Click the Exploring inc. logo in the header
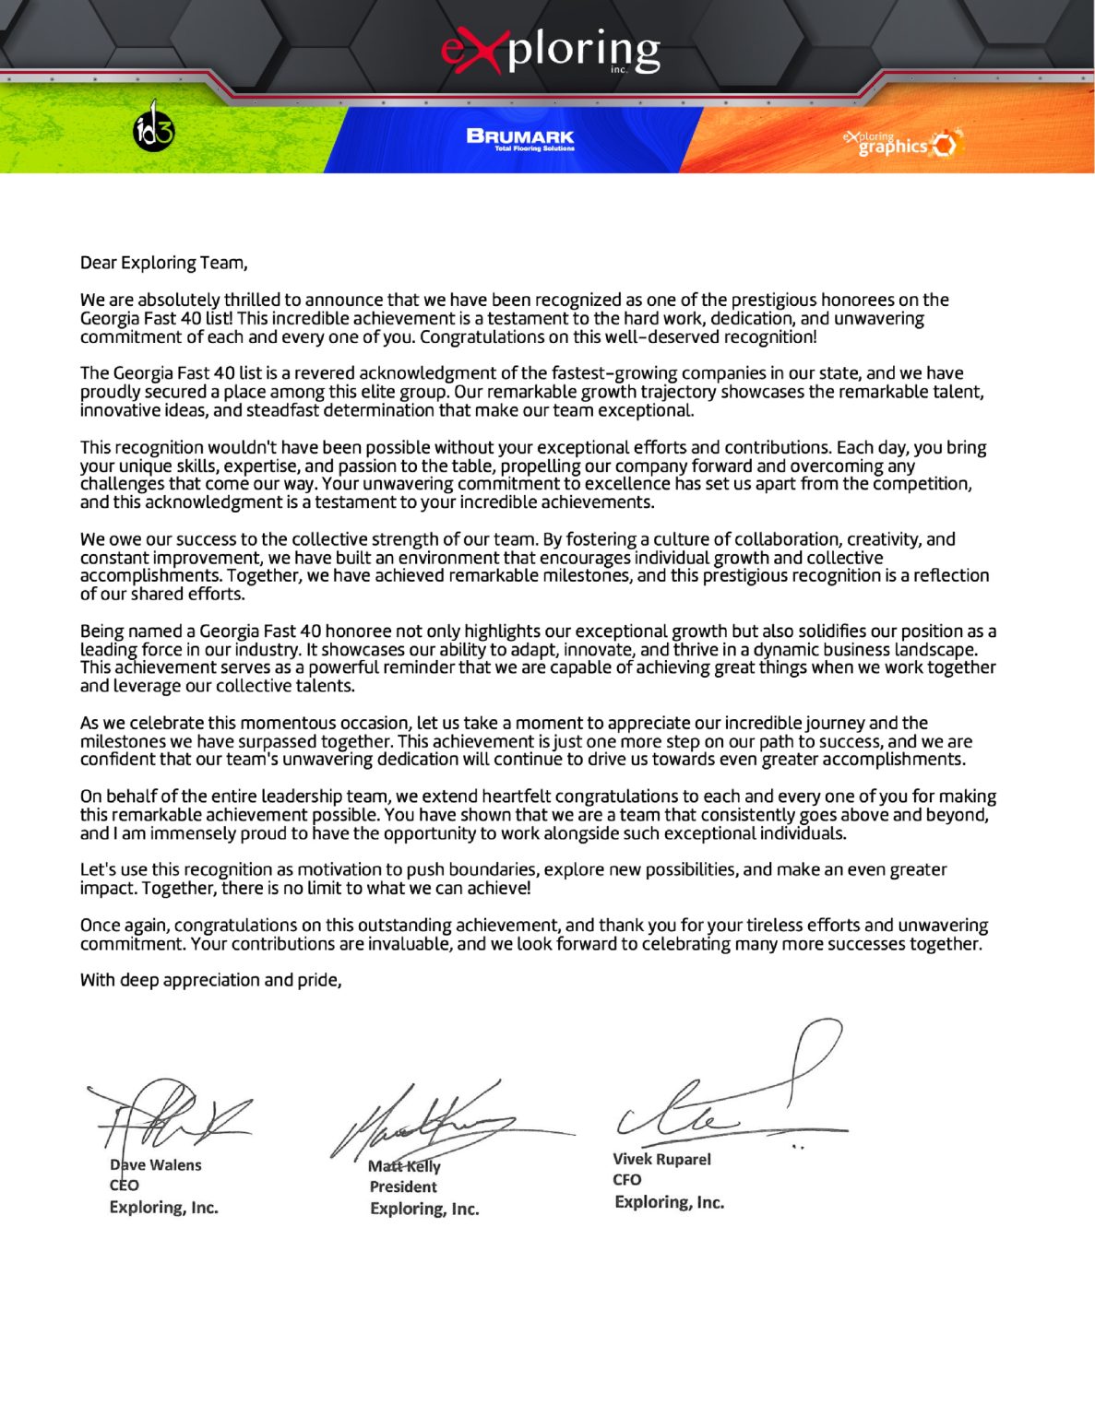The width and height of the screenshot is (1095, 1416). pos(551,52)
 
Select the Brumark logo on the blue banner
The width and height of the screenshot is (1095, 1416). pos(520,138)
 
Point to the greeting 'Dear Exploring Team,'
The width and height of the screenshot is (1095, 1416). pos(163,263)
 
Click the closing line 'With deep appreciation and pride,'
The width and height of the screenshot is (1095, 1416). pos(210,980)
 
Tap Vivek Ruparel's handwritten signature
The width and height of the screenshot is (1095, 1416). pos(729,1097)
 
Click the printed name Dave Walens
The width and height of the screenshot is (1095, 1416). pos(155,1165)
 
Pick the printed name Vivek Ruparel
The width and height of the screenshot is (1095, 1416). pos(661,1159)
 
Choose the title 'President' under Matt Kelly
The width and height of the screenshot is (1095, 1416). pos(403,1186)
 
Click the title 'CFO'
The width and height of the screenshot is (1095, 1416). pos(626,1180)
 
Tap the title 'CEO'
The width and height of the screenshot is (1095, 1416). pos(124,1186)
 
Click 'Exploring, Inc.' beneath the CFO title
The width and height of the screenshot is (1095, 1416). pos(669,1202)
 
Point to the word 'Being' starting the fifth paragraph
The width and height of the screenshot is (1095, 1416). pos(101,631)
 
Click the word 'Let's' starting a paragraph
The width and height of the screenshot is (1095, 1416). pos(98,869)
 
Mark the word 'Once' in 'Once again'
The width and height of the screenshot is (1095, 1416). pos(100,925)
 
